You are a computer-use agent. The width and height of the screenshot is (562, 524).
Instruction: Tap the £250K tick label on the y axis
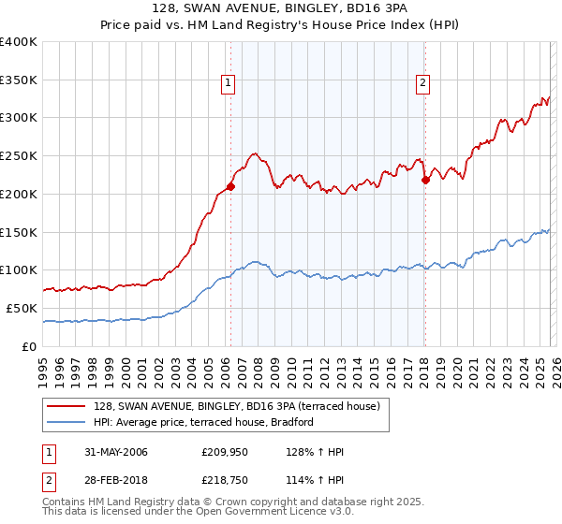pyautogui.click(x=19, y=156)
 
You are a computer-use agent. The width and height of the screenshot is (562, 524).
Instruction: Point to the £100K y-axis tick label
pyautogui.click(x=19, y=270)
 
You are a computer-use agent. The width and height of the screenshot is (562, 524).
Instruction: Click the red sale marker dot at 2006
pyautogui.click(x=231, y=186)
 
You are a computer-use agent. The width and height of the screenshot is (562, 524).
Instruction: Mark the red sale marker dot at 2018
pyautogui.click(x=425, y=180)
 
